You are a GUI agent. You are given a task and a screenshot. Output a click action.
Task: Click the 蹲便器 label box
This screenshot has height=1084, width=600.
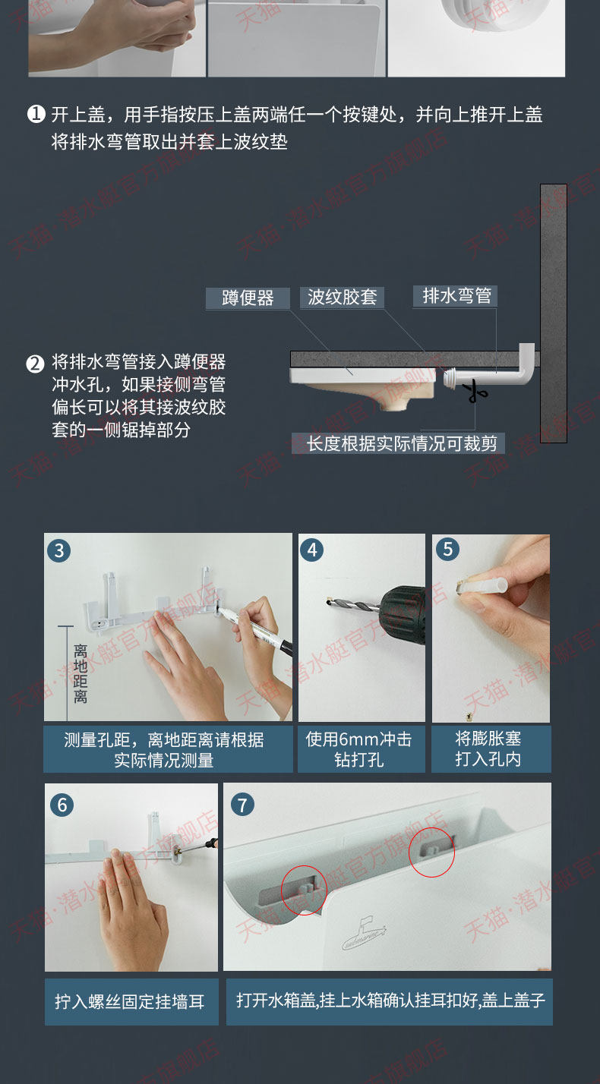[248, 298]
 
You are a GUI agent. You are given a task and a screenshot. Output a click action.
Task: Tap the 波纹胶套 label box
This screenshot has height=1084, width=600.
[342, 297]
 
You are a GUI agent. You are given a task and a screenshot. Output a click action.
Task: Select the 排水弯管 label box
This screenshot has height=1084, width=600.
[455, 296]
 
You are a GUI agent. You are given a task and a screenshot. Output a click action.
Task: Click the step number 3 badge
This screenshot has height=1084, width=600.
[59, 550]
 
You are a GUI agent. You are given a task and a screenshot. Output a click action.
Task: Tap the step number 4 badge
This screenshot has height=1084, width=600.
[312, 550]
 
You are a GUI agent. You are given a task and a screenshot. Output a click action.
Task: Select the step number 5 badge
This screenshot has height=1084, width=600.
[448, 550]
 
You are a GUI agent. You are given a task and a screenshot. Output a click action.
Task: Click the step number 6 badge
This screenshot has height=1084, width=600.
[62, 805]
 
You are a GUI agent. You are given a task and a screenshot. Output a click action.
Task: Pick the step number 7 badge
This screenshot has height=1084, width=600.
[242, 805]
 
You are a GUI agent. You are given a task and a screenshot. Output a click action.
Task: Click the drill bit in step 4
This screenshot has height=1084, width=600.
[352, 605]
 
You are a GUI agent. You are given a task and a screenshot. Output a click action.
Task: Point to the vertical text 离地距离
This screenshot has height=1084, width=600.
[81, 673]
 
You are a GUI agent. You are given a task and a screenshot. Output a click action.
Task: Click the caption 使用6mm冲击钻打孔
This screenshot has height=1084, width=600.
[359, 748]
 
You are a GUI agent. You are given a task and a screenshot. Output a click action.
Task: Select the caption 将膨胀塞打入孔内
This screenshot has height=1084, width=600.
[488, 748]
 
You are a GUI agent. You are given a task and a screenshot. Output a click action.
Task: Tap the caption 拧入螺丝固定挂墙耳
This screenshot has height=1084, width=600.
[129, 1001]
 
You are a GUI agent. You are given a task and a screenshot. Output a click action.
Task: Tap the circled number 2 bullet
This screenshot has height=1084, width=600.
[35, 364]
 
